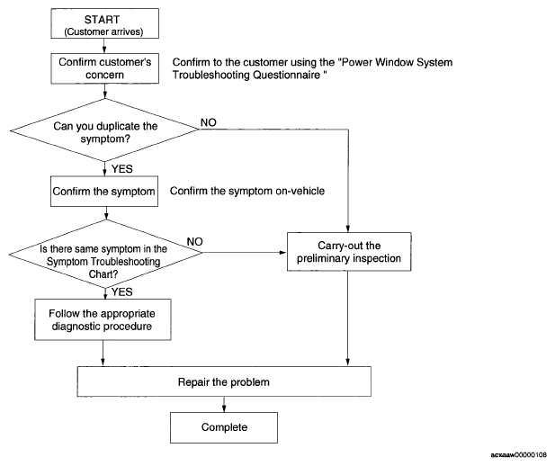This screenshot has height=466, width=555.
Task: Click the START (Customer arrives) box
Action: click(x=104, y=23)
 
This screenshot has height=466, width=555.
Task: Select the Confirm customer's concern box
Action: click(x=104, y=68)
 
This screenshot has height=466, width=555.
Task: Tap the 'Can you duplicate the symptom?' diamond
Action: click(x=104, y=130)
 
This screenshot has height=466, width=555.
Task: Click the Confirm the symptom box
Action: click(x=104, y=192)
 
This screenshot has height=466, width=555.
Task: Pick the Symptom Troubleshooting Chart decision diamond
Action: click(x=105, y=254)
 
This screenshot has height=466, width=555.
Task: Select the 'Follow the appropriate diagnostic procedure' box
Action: click(x=103, y=319)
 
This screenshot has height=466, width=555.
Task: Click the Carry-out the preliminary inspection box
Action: click(x=349, y=252)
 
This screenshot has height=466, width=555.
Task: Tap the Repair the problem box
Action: click(x=224, y=381)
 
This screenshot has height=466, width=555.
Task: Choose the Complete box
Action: click(x=224, y=427)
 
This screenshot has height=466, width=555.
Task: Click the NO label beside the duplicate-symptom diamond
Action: click(x=209, y=122)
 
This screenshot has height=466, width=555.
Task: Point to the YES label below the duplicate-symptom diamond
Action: click(x=122, y=169)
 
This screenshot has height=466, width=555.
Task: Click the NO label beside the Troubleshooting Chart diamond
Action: click(x=194, y=242)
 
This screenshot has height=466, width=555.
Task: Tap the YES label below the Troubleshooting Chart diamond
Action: click(x=122, y=292)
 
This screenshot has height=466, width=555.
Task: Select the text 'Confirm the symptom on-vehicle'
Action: click(x=247, y=191)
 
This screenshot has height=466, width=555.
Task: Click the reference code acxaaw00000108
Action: click(x=519, y=454)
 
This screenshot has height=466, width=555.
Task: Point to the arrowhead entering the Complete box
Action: click(x=224, y=408)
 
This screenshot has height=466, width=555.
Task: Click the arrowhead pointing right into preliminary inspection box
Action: click(x=282, y=253)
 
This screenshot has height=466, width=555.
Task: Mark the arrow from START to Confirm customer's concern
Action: click(x=104, y=46)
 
